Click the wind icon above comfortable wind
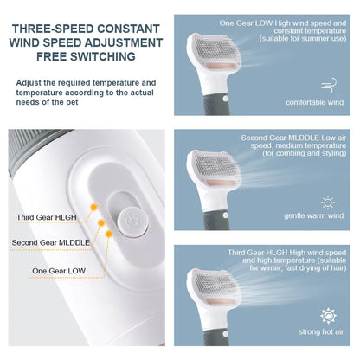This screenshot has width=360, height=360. (x=329, y=85)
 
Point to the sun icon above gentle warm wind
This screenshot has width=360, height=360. (x=328, y=202)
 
